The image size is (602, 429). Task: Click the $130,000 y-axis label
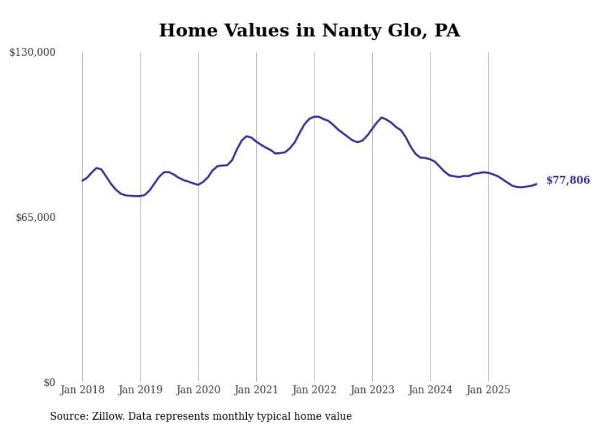[33, 53]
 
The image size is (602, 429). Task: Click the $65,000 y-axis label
[36, 217]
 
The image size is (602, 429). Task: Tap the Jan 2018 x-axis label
[82, 390]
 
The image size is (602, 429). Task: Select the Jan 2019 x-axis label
[140, 390]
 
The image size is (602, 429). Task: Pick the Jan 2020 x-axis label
[198, 390]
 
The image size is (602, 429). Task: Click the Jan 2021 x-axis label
[256, 390]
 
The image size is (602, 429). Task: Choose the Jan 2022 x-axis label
[315, 390]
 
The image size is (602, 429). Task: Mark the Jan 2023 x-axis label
[372, 390]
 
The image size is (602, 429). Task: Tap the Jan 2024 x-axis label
[431, 390]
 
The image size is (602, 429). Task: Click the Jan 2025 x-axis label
[488, 390]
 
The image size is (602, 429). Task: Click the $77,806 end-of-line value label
[568, 180]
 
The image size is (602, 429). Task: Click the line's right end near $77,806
[536, 184]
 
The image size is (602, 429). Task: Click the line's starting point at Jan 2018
[82, 180]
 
